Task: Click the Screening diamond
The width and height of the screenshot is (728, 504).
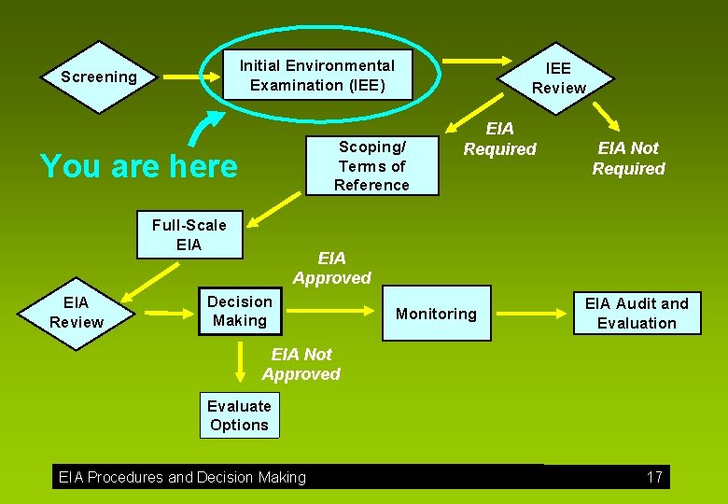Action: [x=98, y=77]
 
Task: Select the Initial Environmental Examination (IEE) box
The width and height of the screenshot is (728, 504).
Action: [x=317, y=76]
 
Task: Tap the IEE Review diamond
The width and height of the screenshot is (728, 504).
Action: [x=558, y=78]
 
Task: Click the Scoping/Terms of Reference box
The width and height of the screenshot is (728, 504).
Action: [x=372, y=166]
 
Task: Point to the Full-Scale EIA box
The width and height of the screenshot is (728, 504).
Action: [x=189, y=235]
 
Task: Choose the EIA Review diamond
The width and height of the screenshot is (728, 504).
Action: [x=77, y=313]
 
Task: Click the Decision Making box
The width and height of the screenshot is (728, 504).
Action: [x=240, y=311]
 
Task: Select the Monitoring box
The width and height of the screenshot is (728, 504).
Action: [x=436, y=314]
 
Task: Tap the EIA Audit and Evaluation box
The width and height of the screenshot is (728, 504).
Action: [x=636, y=314]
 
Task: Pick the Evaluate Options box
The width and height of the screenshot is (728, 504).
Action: [x=239, y=415]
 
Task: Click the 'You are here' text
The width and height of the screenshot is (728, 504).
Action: [x=139, y=166]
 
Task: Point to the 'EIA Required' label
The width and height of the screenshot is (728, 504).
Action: [x=500, y=139]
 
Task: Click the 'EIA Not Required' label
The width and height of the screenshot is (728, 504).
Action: [x=628, y=159]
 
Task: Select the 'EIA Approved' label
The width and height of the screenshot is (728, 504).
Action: [x=331, y=268]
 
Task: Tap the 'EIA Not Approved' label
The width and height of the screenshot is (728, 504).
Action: [x=301, y=364]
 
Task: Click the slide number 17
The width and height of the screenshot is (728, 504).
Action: [x=654, y=477]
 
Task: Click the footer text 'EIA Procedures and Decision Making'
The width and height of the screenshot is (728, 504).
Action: [x=182, y=477]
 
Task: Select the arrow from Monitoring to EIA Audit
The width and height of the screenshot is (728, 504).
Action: [x=536, y=314]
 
